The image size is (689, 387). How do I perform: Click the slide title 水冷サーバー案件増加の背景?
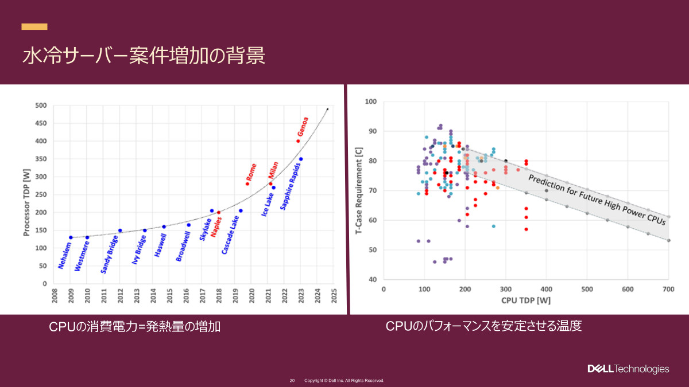pyautogui.click(x=144, y=56)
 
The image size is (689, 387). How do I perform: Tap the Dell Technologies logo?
pyautogui.click(x=628, y=369)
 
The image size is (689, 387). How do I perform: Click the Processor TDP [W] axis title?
pyautogui.click(x=26, y=194)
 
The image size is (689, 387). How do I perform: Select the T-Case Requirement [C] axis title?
pyautogui.click(x=358, y=189)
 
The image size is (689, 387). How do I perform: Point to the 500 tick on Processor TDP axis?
pyautogui.click(x=41, y=105)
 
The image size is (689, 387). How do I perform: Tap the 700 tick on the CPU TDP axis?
pyautogui.click(x=668, y=289)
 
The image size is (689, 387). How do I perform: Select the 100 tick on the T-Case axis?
pyautogui.click(x=371, y=102)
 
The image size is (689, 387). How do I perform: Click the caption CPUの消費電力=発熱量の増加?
pyautogui.click(x=134, y=327)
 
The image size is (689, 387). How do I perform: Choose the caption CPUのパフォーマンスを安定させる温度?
pyautogui.click(x=483, y=326)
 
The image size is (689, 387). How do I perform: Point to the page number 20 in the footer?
pyautogui.click(x=292, y=381)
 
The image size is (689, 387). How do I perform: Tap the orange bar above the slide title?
pyautogui.click(x=34, y=26)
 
